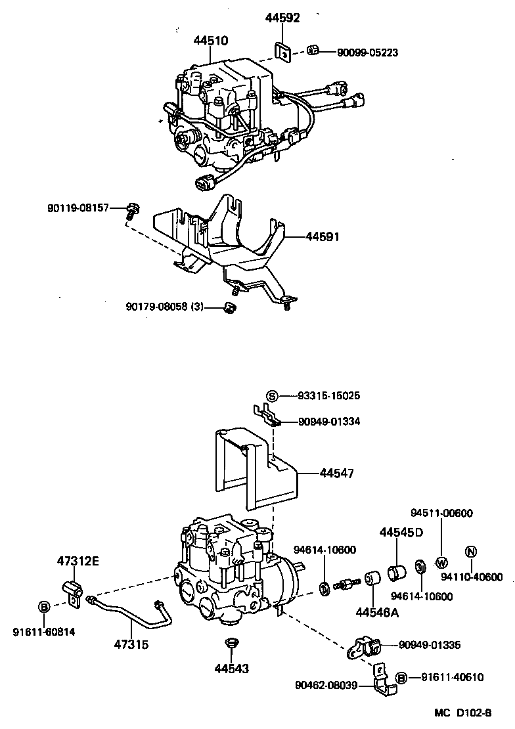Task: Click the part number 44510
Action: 210,41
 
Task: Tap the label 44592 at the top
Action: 282,18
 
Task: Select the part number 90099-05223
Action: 367,52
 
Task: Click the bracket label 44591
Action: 322,236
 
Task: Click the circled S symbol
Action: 273,395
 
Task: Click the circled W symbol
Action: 441,562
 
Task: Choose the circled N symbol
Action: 470,552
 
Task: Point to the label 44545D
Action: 401,533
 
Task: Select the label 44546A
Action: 378,613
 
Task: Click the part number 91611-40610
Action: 452,677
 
